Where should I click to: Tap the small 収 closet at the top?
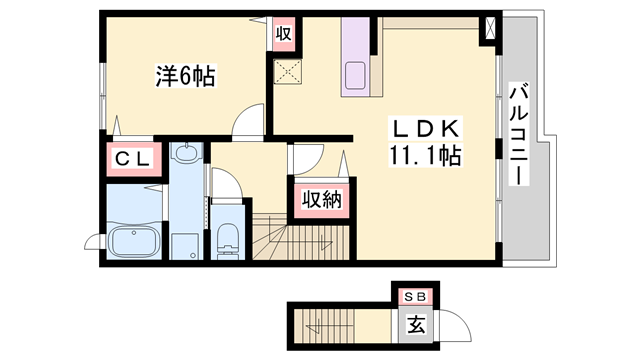pos(284,33)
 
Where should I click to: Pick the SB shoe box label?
pos(414,298)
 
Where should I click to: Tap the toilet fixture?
pos(227,238)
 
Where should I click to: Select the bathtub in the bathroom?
pos(132,241)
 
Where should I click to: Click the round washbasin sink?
pos(187,155)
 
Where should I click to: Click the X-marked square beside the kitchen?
pos(289,70)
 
